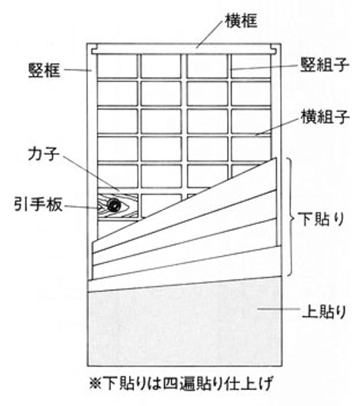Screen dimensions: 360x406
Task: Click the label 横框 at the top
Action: (x=241, y=21)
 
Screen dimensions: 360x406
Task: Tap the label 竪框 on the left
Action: (x=45, y=70)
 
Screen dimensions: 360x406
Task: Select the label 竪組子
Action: (x=325, y=65)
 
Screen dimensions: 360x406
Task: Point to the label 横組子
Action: (x=325, y=117)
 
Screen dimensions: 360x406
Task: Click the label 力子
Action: (x=44, y=154)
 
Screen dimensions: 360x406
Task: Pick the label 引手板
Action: (x=38, y=205)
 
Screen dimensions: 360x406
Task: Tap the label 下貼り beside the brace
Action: (x=321, y=219)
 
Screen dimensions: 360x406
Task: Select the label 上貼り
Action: (x=324, y=311)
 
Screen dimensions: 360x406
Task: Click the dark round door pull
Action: (x=114, y=205)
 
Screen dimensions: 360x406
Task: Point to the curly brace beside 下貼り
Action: (x=292, y=217)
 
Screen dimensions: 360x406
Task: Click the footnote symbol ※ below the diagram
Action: (x=95, y=384)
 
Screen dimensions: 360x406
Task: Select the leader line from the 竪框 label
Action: (x=78, y=70)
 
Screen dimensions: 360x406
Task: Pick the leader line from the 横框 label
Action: (x=209, y=34)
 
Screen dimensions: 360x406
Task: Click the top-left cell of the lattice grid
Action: (x=118, y=66)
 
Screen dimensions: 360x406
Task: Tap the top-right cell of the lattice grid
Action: (x=251, y=66)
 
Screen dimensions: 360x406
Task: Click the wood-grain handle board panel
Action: (x=118, y=206)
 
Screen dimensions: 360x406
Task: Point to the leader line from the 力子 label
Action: (x=92, y=174)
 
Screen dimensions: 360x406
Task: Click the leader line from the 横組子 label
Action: (x=276, y=127)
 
